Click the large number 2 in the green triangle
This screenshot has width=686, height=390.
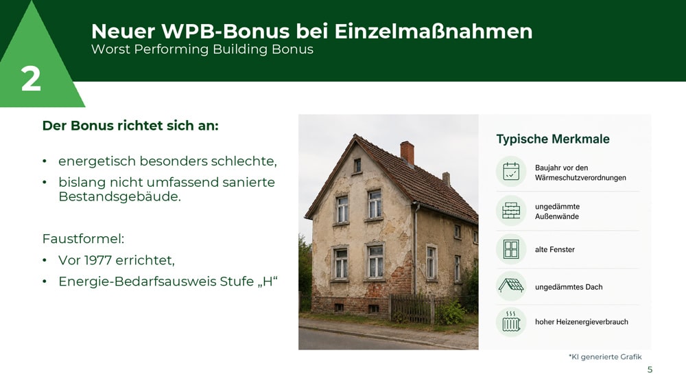coord(31,79)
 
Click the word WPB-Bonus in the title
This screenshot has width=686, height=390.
coord(225,31)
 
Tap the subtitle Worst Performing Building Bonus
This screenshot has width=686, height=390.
coord(202,49)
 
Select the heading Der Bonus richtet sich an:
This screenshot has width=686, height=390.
coord(130,126)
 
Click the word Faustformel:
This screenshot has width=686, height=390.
coord(83,238)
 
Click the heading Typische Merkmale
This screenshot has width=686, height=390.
coord(552,139)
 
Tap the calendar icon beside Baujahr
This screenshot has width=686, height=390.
coord(511,171)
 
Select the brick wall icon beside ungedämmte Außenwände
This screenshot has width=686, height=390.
coord(511,211)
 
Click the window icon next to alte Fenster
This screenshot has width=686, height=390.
coord(511,249)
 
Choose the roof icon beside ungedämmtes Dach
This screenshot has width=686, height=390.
coord(511,286)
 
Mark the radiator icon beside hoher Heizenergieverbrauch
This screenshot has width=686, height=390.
coord(511,321)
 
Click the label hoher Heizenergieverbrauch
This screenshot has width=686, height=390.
coord(582,322)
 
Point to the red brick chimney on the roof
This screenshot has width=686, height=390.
coord(407,152)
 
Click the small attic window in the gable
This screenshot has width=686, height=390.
coord(357,165)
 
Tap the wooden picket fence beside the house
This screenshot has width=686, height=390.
coord(412,308)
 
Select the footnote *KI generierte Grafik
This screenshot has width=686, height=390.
coord(605,357)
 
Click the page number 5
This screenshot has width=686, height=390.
coord(650,370)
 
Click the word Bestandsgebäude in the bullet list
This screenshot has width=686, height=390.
coord(119,196)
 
